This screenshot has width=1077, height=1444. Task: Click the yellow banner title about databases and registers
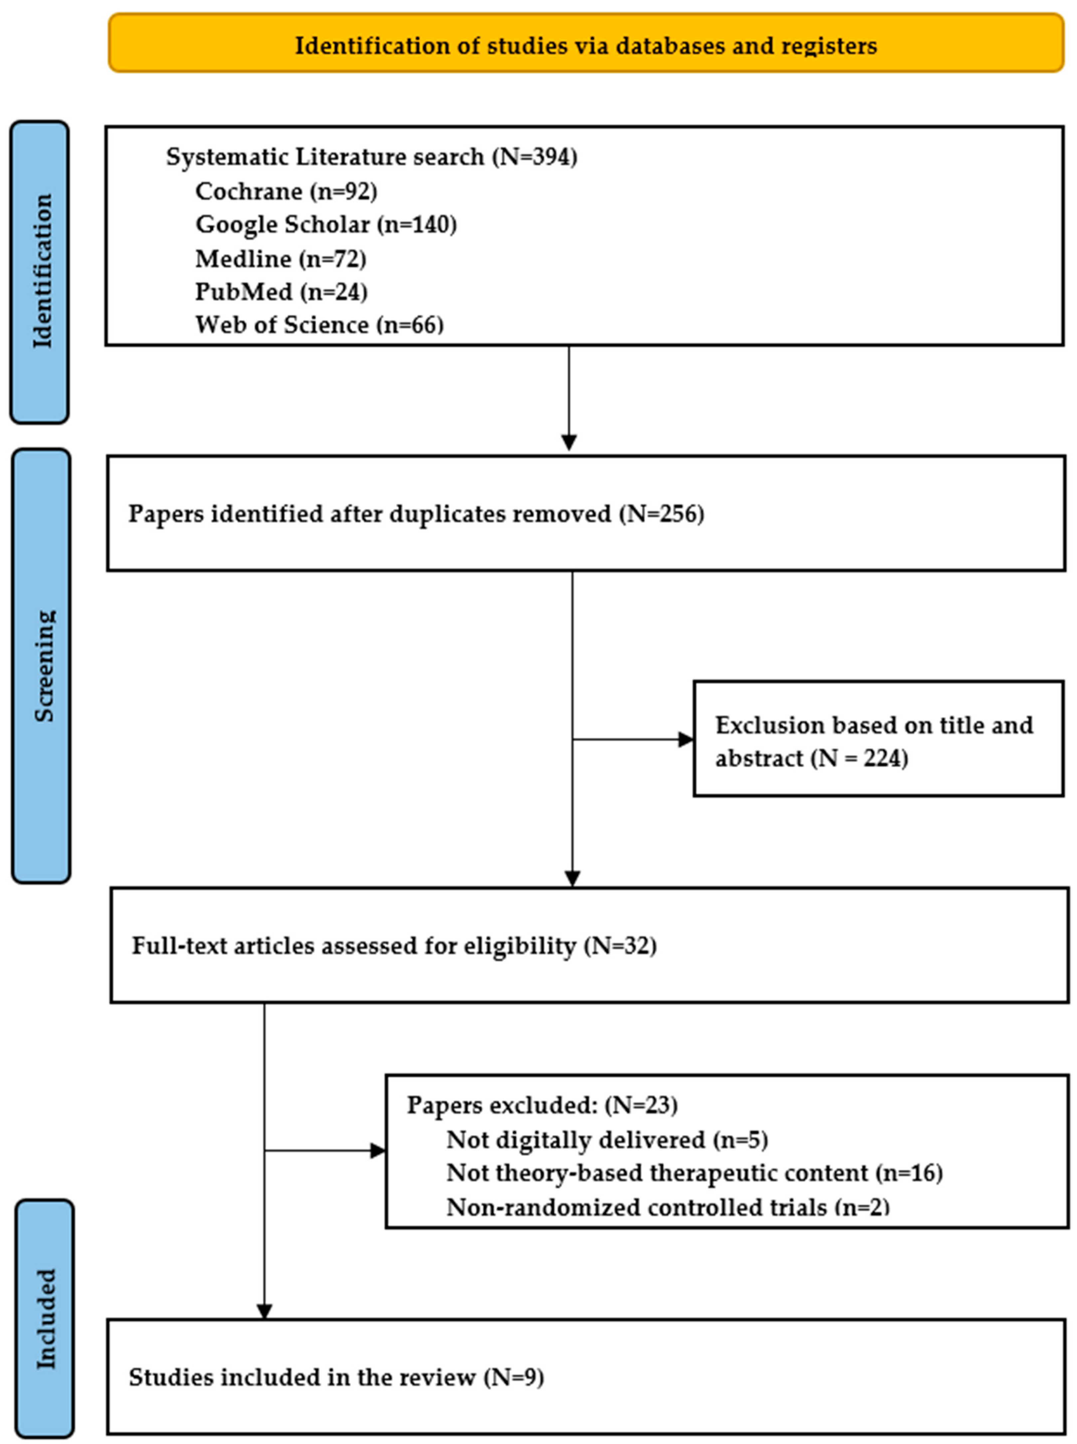coord(585,46)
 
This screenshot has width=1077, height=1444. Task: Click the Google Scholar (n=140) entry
coord(326,224)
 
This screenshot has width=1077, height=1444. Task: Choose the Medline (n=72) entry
coord(280,259)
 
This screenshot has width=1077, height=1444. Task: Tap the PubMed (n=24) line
coord(281,291)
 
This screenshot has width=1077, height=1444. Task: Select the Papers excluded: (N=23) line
coord(542,1105)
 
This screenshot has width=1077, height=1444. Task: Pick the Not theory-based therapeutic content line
coord(694,1173)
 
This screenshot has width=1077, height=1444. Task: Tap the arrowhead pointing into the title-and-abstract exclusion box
coord(686,740)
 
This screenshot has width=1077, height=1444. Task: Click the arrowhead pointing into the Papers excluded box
coord(378,1151)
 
